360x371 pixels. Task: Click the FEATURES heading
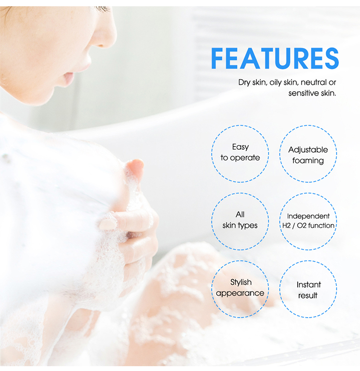tap(275, 59)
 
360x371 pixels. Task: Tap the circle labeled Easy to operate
tap(240, 153)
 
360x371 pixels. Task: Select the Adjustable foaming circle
tap(308, 155)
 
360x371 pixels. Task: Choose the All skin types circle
tap(240, 220)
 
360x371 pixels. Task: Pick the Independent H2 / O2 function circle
tap(308, 221)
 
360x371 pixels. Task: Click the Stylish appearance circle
tap(240, 287)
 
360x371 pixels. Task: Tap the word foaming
tap(308, 161)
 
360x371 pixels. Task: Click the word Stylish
tap(240, 282)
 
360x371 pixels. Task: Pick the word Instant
tap(308, 285)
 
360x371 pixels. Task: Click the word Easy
tap(240, 147)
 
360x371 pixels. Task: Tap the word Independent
tap(308, 216)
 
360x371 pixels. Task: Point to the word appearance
tap(240, 293)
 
